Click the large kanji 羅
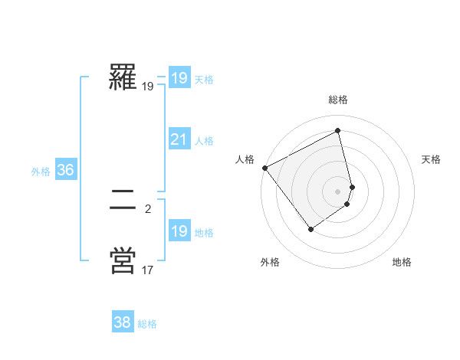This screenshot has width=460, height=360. tap(123, 77)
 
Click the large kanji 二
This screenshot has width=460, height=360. tap(123, 201)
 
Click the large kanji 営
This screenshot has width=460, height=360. tap(123, 260)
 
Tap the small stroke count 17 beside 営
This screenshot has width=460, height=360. tap(148, 270)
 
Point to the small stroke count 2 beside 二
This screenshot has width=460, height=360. tap(148, 208)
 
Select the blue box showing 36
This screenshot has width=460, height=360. tap(65, 170)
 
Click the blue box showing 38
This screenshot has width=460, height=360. tap(122, 322)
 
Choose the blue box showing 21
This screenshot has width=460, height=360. tap(179, 139)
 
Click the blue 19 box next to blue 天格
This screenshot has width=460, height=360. tap(179, 78)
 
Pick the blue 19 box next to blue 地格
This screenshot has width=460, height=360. tap(179, 231)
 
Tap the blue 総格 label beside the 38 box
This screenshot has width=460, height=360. tap(147, 324)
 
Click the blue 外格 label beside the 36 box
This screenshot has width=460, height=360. tap(41, 172)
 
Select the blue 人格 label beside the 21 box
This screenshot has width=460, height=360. tap(204, 141)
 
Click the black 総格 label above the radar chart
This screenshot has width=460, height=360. tap(338, 100)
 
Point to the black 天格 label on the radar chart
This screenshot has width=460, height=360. tap(431, 159)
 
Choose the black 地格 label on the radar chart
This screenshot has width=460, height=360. tap(402, 262)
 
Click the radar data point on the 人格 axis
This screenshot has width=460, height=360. tap(264, 168)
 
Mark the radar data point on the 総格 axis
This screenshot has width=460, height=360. tap(338, 131)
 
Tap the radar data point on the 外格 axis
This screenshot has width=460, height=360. tap(310, 228)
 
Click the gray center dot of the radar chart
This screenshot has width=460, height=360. tap(338, 191)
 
